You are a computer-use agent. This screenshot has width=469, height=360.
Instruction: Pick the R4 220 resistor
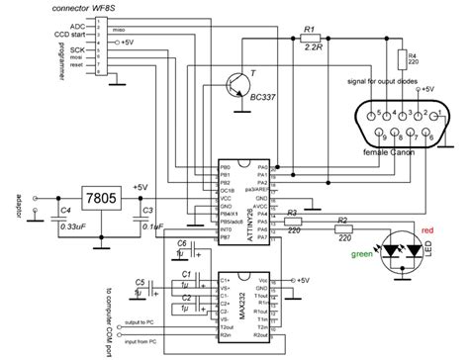click(403, 61)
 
